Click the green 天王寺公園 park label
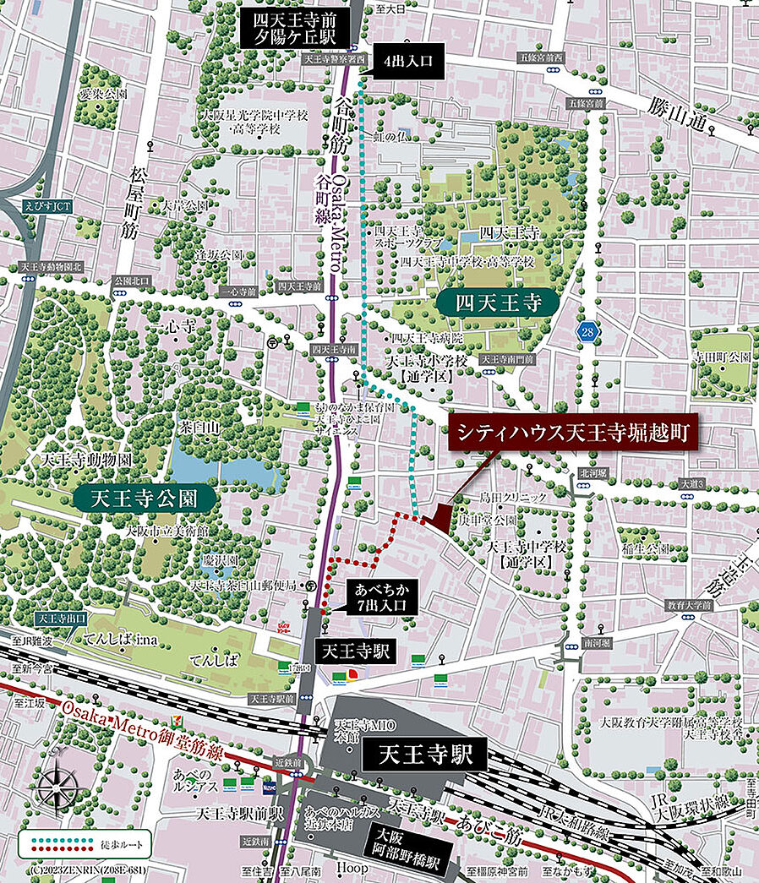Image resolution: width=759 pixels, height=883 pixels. (146, 495)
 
